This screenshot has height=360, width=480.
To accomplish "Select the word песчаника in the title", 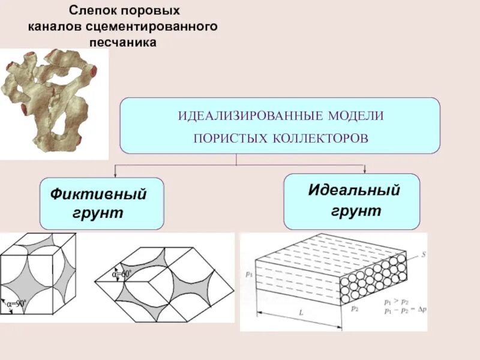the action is (x=122, y=43).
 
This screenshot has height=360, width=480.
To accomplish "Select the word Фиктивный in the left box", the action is (x=99, y=195).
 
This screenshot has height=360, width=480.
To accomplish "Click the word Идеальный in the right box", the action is (x=354, y=191).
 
